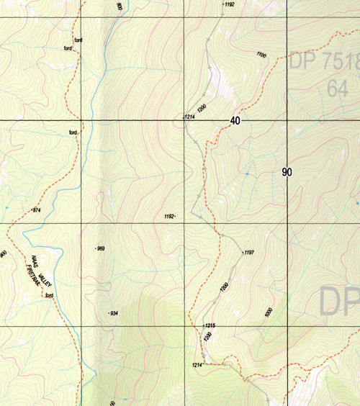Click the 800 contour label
[119, 6]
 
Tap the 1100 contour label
[261, 55]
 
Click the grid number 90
[287, 172]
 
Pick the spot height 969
[100, 248]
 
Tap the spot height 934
[112, 314]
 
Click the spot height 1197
[249, 253]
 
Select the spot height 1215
[210, 326]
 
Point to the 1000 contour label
[269, 312]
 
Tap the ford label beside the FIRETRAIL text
[49, 296]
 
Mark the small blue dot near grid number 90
[246, 173]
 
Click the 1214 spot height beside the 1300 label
[189, 116]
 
